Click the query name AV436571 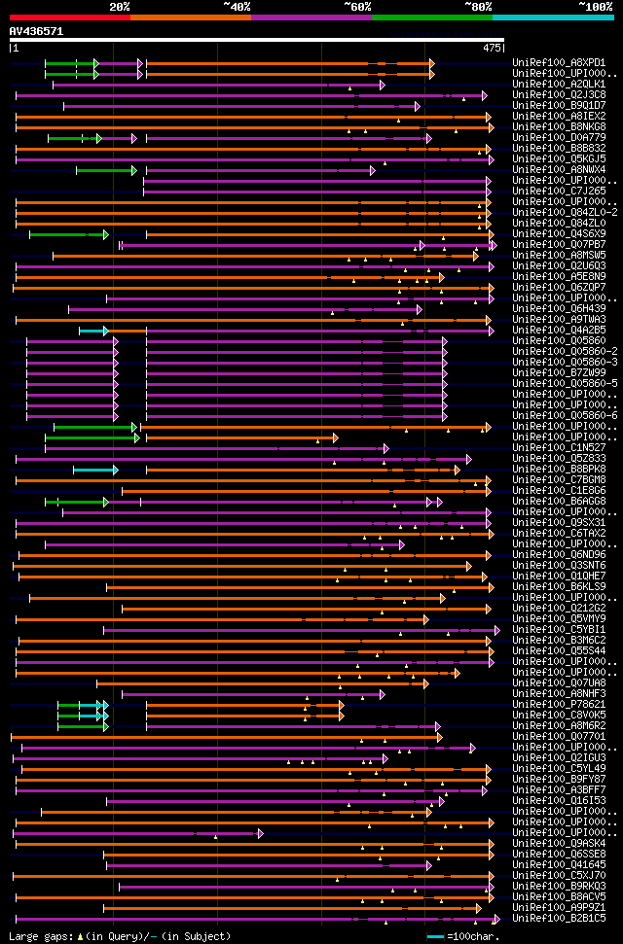coord(36,31)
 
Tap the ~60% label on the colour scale coord(357,7)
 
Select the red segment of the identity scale coord(68,17)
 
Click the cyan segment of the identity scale coord(552,17)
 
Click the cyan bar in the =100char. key coord(436,936)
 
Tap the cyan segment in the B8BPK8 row coord(93,470)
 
